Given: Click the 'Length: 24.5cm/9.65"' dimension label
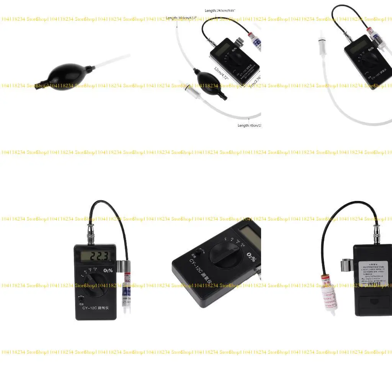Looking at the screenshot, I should pos(220,11).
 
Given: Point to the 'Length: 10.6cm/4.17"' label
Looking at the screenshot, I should pos(182,18).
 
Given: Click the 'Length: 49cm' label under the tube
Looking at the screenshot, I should pos(249,125).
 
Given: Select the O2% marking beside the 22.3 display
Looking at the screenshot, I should pos(108,270).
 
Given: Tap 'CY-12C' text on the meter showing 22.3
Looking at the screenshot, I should pos(91,308).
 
